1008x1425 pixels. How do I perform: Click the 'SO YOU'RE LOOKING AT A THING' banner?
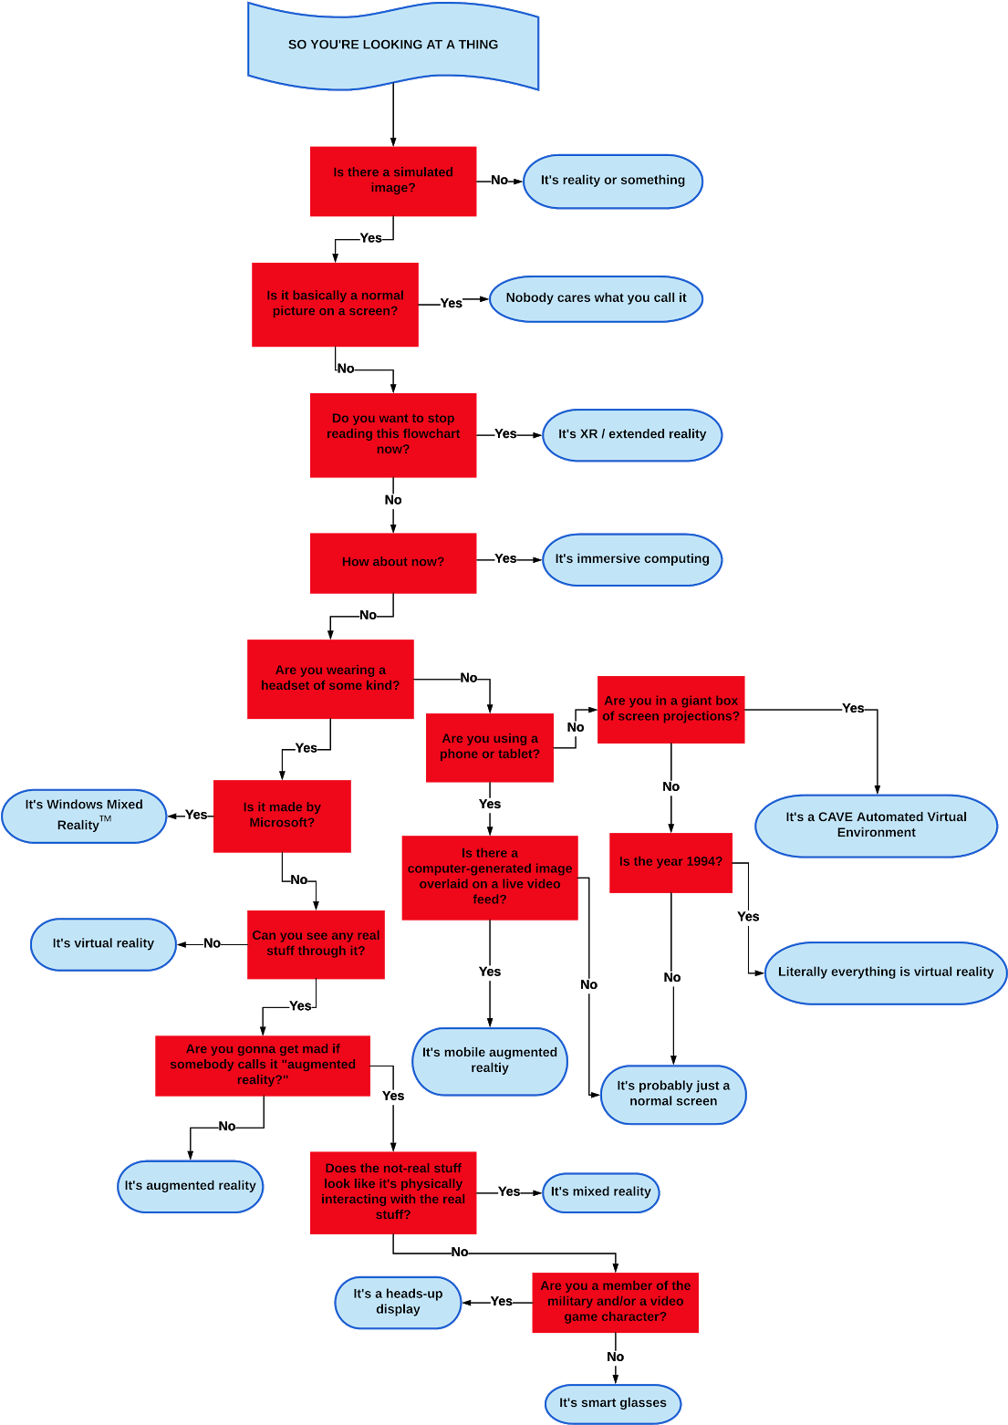click(393, 45)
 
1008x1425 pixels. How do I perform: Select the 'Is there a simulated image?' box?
click(393, 181)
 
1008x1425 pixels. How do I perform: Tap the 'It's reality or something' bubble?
click(612, 181)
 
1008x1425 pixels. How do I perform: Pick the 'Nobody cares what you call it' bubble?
click(596, 298)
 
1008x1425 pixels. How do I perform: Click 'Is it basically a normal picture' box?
click(335, 305)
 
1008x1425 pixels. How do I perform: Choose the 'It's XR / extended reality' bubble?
click(632, 434)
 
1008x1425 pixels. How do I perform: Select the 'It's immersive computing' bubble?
click(632, 559)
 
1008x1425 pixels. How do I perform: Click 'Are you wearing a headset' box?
click(330, 679)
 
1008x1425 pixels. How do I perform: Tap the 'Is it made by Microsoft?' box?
click(282, 816)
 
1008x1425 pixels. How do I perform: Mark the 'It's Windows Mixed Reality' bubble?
click(84, 816)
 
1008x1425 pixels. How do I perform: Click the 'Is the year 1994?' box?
click(670, 862)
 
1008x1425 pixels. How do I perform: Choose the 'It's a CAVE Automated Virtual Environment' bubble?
click(876, 825)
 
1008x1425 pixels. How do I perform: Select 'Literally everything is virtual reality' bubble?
click(885, 973)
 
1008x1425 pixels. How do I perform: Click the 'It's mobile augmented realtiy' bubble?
click(490, 1061)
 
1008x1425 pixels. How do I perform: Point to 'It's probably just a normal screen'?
click(673, 1094)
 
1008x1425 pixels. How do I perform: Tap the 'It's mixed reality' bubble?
click(600, 1192)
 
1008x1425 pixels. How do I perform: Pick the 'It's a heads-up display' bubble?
click(398, 1302)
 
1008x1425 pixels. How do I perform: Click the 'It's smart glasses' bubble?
click(613, 1403)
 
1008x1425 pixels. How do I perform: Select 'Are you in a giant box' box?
click(670, 709)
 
